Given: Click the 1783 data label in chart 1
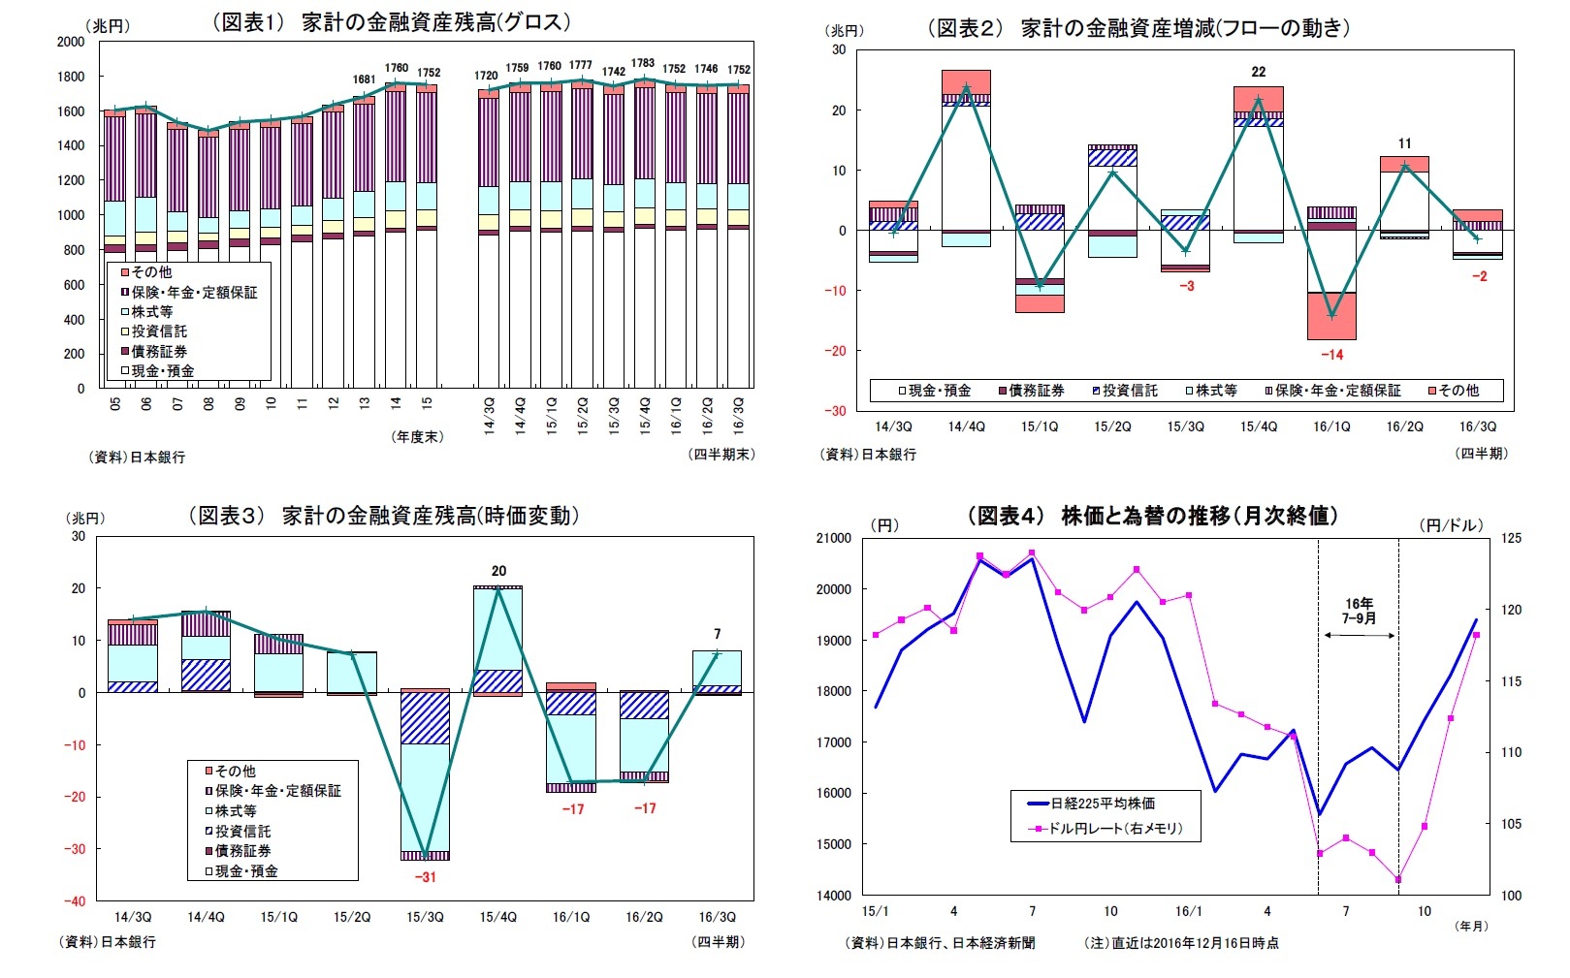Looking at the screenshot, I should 643,63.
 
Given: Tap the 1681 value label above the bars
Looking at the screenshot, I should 364,79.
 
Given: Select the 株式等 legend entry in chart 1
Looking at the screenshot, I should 152,312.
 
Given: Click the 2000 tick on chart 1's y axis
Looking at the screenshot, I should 71,42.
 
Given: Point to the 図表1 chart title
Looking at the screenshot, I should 391,22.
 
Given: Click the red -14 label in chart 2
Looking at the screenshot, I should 1331,355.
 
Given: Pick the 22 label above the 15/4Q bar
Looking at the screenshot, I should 1258,72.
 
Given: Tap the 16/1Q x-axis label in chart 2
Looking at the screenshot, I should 1331,426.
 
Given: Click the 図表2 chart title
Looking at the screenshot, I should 1138,28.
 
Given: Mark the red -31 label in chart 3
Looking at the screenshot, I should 425,877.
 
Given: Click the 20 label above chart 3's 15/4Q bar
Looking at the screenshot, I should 498,571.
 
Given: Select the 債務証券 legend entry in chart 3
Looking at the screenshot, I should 241,851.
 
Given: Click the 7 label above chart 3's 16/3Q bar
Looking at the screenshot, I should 717,634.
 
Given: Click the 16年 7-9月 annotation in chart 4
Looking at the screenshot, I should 1359,611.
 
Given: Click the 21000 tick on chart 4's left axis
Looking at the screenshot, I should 834,538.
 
